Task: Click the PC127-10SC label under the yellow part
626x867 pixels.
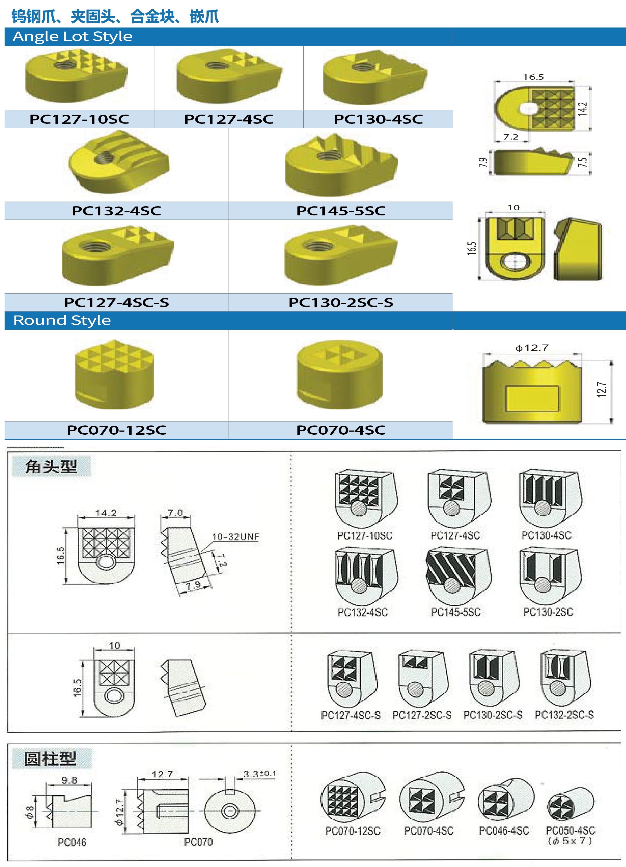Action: (x=79, y=119)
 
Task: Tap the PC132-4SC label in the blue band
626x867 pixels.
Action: (x=117, y=211)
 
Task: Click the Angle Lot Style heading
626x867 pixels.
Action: (x=73, y=36)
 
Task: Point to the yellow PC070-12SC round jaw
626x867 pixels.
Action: (x=115, y=374)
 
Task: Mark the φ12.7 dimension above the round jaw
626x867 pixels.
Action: (x=532, y=348)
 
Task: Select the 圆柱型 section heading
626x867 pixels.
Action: (x=50, y=759)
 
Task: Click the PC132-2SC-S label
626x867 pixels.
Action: (x=564, y=715)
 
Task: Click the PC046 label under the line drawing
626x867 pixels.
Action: (x=72, y=842)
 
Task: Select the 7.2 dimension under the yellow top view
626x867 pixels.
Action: (x=511, y=137)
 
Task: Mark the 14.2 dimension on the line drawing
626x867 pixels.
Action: (x=106, y=513)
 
